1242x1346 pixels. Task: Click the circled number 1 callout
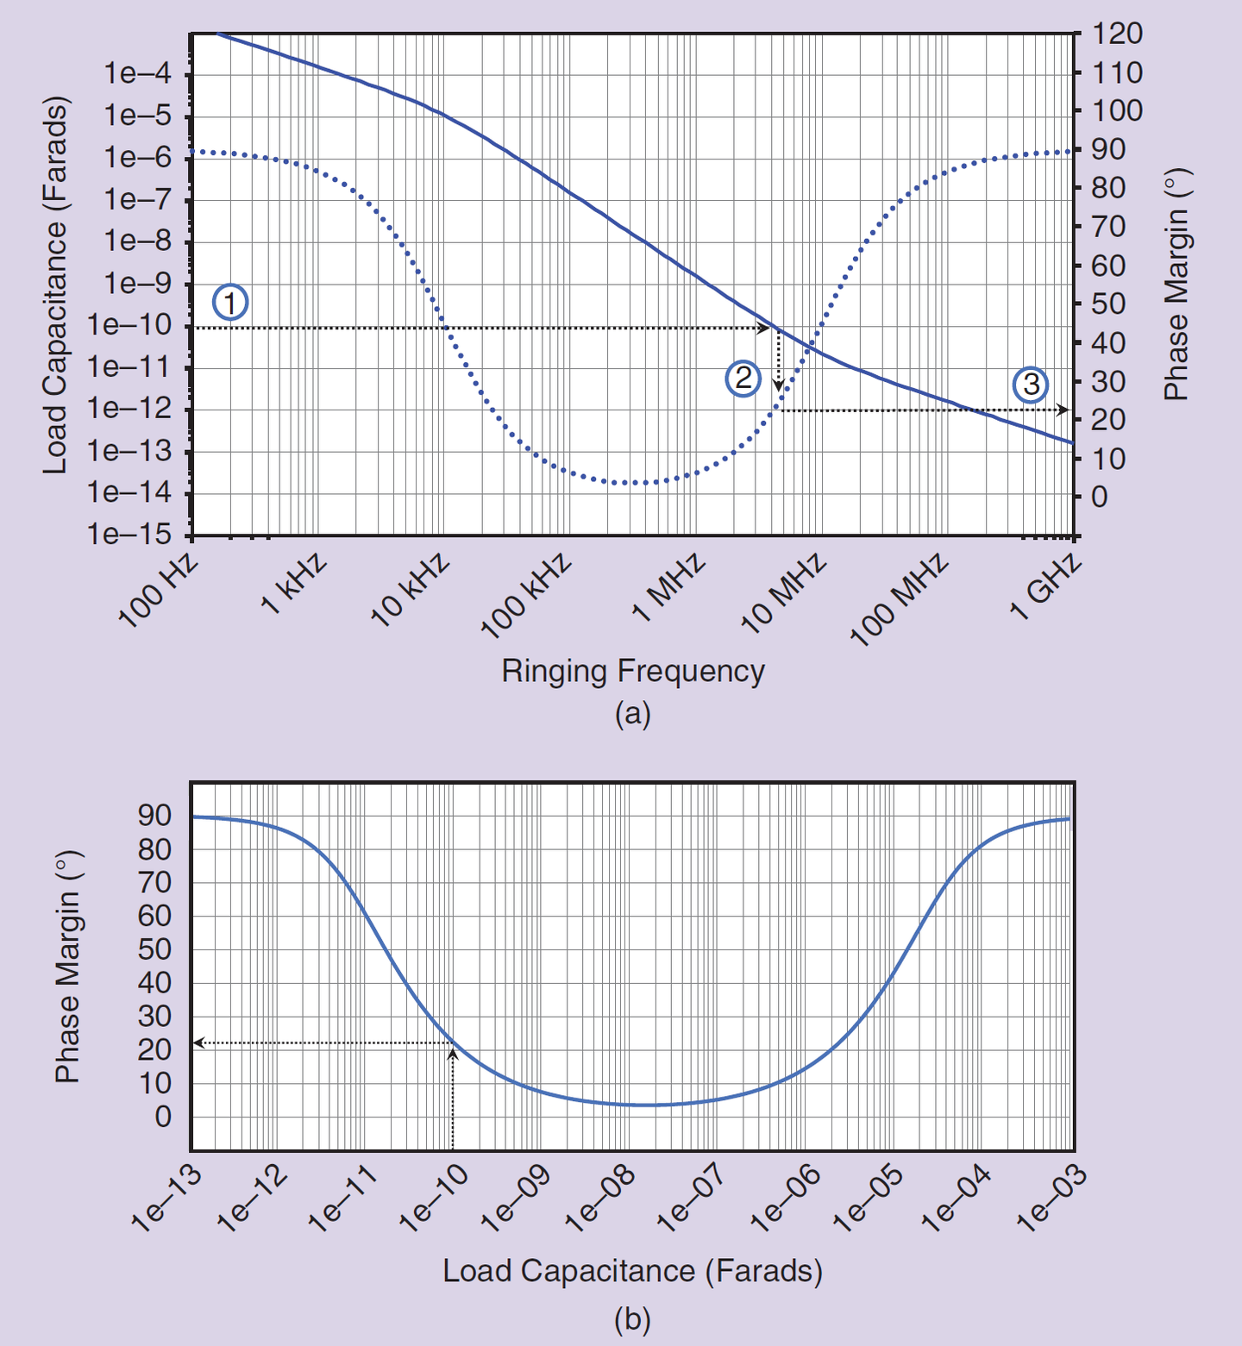230,303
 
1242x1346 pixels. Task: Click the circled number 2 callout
743,379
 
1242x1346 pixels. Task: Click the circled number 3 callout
1030,385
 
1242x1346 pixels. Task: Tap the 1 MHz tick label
668,588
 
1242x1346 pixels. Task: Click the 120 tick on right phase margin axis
1117,34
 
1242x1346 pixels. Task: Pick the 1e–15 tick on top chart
129,535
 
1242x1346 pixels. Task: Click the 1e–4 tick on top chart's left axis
137,74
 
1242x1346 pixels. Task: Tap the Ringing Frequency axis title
633,671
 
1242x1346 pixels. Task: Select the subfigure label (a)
632,714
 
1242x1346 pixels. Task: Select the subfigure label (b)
632,1319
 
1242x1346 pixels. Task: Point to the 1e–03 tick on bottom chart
1051,1199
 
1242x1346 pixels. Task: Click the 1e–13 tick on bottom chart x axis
166,1199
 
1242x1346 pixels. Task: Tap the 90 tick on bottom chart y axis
154,815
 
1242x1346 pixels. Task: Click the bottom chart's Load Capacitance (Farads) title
632,1271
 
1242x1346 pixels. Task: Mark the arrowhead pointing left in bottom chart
198,1043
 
